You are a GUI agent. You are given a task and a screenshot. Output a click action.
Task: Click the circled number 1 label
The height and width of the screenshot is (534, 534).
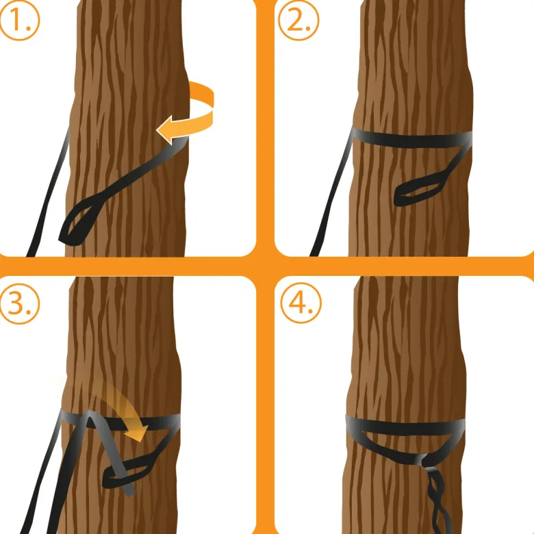(x=19, y=21)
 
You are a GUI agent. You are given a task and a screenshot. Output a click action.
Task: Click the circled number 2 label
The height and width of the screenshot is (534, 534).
(x=298, y=21)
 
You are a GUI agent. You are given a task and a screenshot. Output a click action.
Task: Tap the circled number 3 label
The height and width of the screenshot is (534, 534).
(x=19, y=303)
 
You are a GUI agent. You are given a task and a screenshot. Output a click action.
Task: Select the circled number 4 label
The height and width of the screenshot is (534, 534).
(x=301, y=303)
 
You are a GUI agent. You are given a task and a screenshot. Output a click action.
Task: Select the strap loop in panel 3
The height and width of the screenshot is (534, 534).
(x=129, y=472)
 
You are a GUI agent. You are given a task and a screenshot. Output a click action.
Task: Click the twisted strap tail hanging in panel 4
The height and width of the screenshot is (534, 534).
(x=437, y=500)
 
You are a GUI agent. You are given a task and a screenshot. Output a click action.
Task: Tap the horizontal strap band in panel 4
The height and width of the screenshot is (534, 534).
(x=405, y=426)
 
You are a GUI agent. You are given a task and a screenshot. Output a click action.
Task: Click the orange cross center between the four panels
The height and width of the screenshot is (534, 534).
(x=265, y=266)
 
